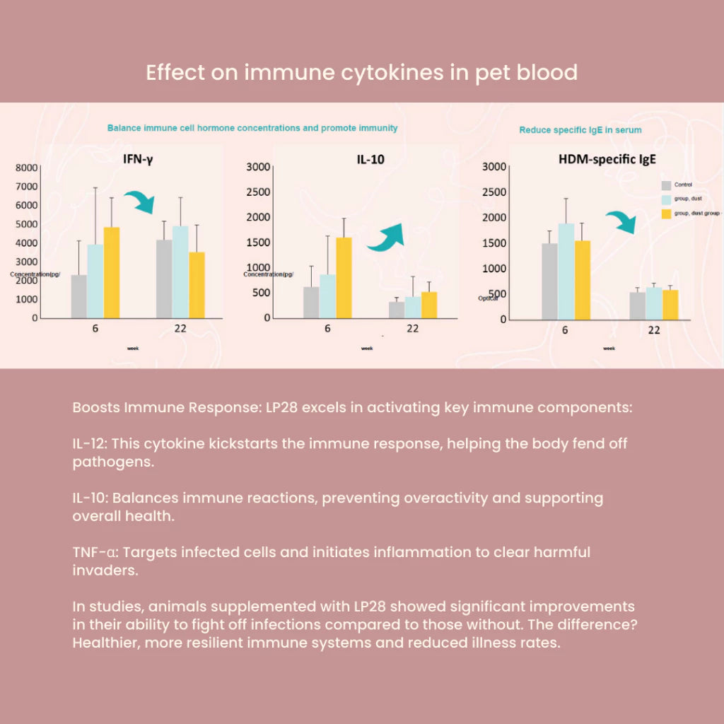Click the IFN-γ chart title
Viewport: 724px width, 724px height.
tap(135, 160)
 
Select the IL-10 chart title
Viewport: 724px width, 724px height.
tap(370, 160)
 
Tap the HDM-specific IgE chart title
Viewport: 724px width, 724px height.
tap(607, 160)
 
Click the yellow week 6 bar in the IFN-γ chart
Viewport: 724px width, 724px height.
tap(112, 273)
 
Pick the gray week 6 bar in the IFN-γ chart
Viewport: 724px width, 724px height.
tap(79, 296)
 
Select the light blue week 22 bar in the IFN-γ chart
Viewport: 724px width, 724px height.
tap(180, 272)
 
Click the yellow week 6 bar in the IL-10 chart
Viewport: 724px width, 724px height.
tap(344, 278)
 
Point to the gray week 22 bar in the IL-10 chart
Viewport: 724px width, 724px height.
tap(397, 310)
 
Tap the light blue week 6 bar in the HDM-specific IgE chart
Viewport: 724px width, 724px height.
tap(566, 271)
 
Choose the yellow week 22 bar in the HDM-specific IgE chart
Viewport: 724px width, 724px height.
tap(670, 305)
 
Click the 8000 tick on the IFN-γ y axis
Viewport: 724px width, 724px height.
tap(27, 168)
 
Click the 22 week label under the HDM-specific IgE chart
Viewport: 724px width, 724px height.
tap(654, 329)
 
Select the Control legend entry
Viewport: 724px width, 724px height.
tap(682, 185)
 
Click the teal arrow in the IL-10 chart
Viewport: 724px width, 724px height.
tap(385, 237)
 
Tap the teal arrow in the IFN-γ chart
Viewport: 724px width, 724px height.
tap(139, 202)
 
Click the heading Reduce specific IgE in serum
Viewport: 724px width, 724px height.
tap(580, 130)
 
